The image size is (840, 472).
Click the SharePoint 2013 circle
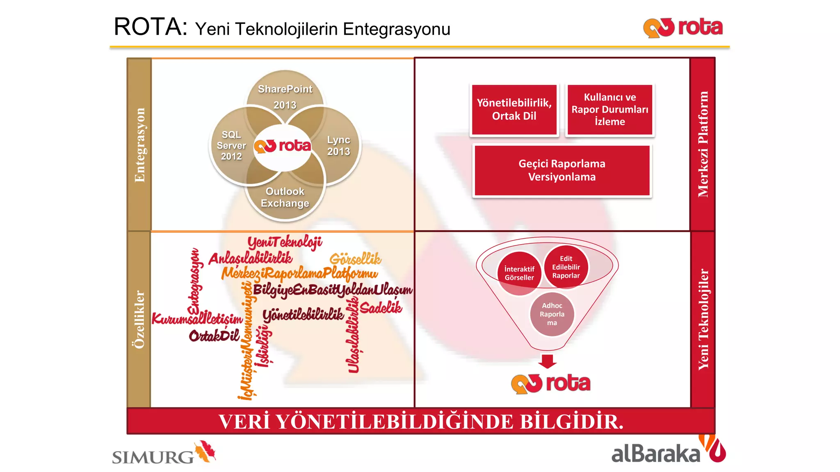(x=285, y=96)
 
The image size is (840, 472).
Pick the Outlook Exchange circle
(x=285, y=197)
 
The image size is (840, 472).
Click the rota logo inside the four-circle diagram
(x=283, y=146)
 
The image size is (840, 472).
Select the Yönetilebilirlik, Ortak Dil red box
(x=514, y=109)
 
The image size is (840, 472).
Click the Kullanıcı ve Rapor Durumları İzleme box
(x=610, y=109)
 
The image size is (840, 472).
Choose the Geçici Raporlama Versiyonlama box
(x=562, y=170)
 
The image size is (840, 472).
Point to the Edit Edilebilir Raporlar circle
(x=566, y=267)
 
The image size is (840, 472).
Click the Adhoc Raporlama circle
(x=552, y=314)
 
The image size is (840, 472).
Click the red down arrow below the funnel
(x=548, y=361)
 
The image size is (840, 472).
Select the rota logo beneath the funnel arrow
(x=551, y=383)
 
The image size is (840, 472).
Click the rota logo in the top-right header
(x=683, y=28)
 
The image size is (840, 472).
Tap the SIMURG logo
(x=164, y=453)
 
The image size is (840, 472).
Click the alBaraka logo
(x=668, y=451)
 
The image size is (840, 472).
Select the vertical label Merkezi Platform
(x=703, y=144)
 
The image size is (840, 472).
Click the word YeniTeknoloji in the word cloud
(x=285, y=242)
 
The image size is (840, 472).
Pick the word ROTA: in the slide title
(x=150, y=27)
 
